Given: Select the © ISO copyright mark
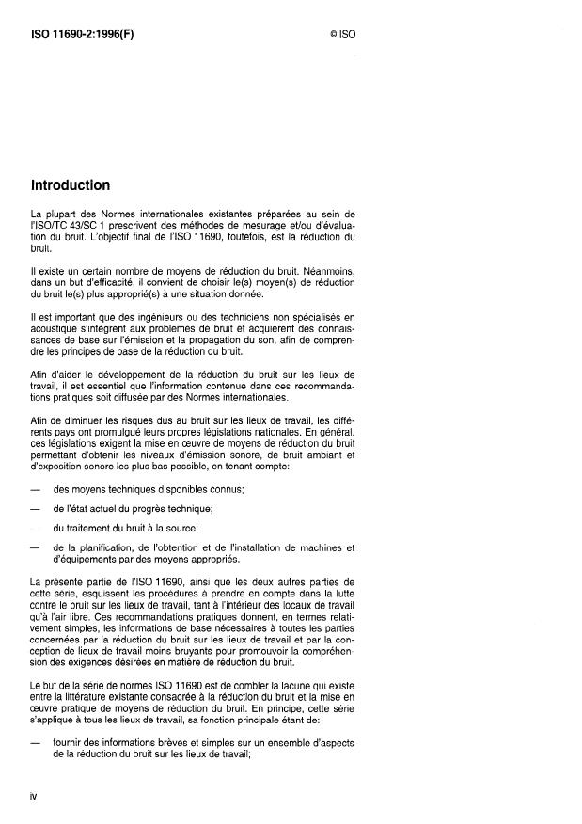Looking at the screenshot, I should (x=342, y=34).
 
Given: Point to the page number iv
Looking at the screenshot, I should (x=35, y=796).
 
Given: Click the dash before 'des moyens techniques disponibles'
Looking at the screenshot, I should (x=36, y=489).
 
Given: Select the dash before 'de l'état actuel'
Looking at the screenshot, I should (x=36, y=509).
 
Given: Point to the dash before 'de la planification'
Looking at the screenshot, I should (x=36, y=547).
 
